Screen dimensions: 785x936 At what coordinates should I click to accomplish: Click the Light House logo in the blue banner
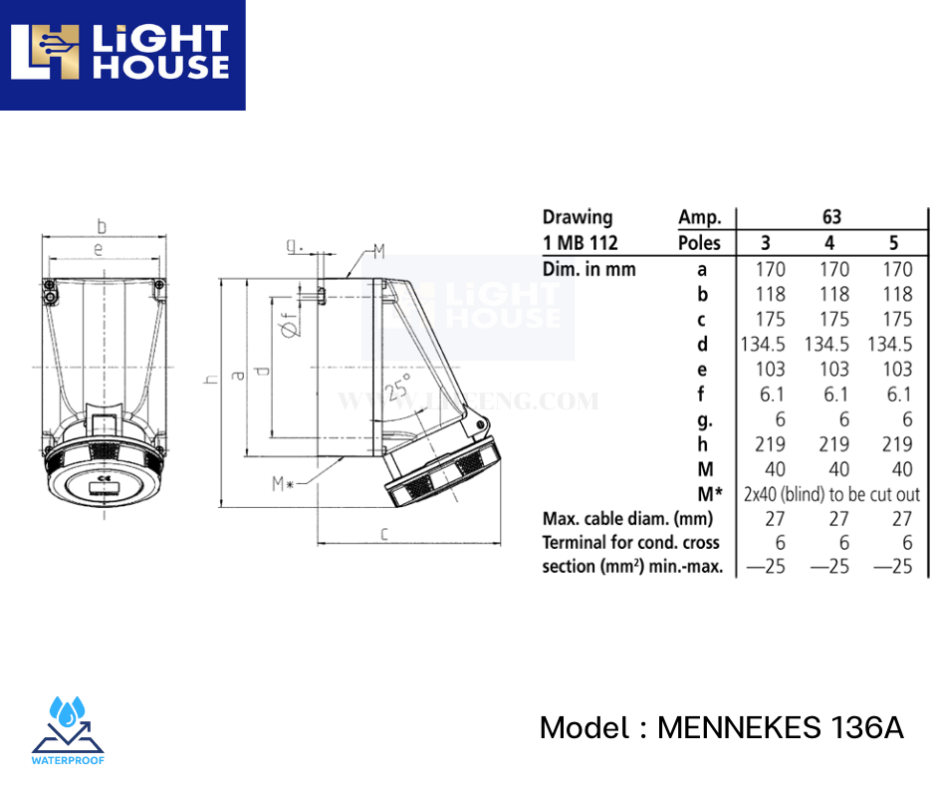click(x=121, y=54)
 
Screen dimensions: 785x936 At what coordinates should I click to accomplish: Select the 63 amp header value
click(x=831, y=217)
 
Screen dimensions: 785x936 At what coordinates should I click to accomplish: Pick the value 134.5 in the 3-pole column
click(x=764, y=344)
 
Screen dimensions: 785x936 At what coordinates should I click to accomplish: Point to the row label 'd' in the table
click(x=703, y=344)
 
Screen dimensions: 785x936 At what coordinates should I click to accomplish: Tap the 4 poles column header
click(x=830, y=243)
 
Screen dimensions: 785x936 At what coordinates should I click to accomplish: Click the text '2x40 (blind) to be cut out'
click(x=831, y=494)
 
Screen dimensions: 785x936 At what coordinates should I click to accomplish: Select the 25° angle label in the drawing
click(x=399, y=388)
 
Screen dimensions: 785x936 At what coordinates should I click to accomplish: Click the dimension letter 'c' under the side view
click(x=383, y=533)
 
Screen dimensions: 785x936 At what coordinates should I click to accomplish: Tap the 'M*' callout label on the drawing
click(x=283, y=484)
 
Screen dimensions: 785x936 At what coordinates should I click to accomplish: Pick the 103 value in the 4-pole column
click(x=833, y=369)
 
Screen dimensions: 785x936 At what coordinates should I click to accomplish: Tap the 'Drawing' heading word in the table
click(x=578, y=217)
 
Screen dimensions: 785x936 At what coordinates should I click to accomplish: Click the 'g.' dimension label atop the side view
click(x=293, y=244)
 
